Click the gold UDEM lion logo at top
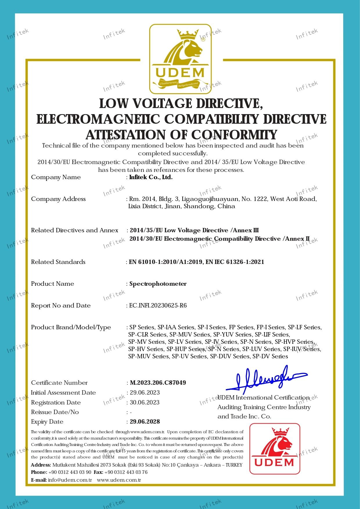[x=180, y=59]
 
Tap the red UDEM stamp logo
[x=275, y=448]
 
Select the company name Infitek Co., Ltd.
[x=151, y=177]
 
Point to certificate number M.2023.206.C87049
[x=158, y=383]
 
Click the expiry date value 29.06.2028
[x=145, y=422]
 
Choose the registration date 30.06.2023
[x=145, y=402]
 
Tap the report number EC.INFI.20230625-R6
[x=158, y=305]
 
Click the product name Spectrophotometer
[x=158, y=284]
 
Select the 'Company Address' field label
[x=58, y=199]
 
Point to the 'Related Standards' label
[x=58, y=262]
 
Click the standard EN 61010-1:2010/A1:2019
[x=166, y=262]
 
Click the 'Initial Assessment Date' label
[x=63, y=393]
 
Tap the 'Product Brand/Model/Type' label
[x=71, y=327]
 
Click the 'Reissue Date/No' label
[x=55, y=412]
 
